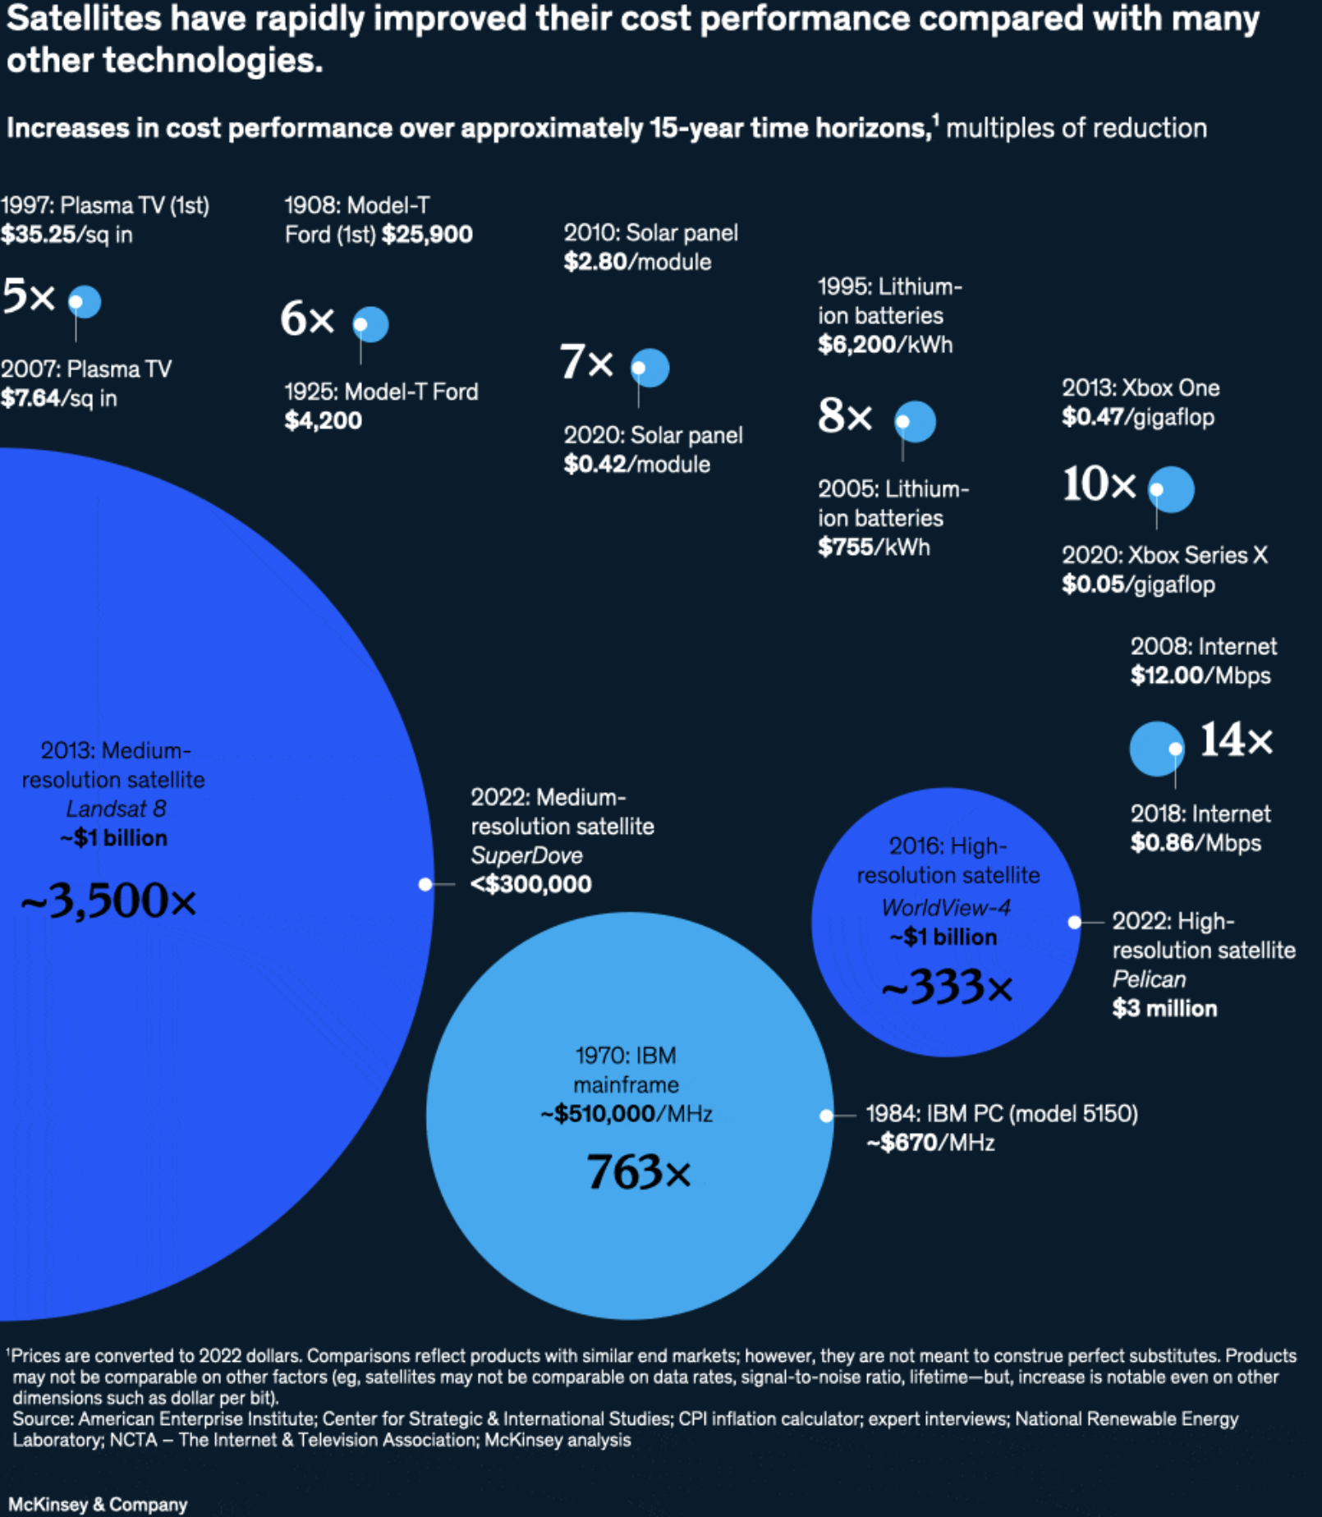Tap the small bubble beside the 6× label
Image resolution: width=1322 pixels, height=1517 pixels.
click(x=370, y=324)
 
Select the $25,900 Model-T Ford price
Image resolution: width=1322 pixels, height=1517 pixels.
click(x=427, y=235)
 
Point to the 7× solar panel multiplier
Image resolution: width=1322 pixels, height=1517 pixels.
click(x=585, y=362)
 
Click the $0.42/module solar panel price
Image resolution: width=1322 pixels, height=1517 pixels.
click(x=636, y=465)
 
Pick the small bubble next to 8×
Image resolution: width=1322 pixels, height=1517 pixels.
click(x=915, y=421)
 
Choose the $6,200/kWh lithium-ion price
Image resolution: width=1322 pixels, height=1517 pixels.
click(x=885, y=345)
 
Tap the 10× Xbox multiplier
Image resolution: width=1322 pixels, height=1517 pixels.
click(x=1099, y=484)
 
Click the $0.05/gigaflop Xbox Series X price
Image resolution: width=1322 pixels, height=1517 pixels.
click(x=1138, y=584)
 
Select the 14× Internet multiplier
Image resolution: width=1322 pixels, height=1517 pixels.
click(x=1236, y=740)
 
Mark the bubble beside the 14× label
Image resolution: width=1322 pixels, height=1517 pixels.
click(x=1156, y=749)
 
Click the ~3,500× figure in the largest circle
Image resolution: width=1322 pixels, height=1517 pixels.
click(x=108, y=901)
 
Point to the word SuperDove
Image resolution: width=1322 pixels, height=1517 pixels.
click(x=526, y=855)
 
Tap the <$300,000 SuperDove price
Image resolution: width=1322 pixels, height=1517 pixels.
click(x=530, y=884)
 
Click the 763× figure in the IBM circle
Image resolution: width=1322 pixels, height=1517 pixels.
click(x=638, y=1172)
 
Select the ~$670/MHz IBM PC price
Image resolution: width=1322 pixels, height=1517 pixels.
click(x=930, y=1143)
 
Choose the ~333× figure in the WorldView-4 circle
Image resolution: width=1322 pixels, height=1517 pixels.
click(x=947, y=987)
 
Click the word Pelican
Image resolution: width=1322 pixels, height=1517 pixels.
click(x=1149, y=979)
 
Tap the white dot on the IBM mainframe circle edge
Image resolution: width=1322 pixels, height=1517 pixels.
click(x=826, y=1116)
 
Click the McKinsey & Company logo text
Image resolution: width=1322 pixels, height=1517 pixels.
click(x=98, y=1504)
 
